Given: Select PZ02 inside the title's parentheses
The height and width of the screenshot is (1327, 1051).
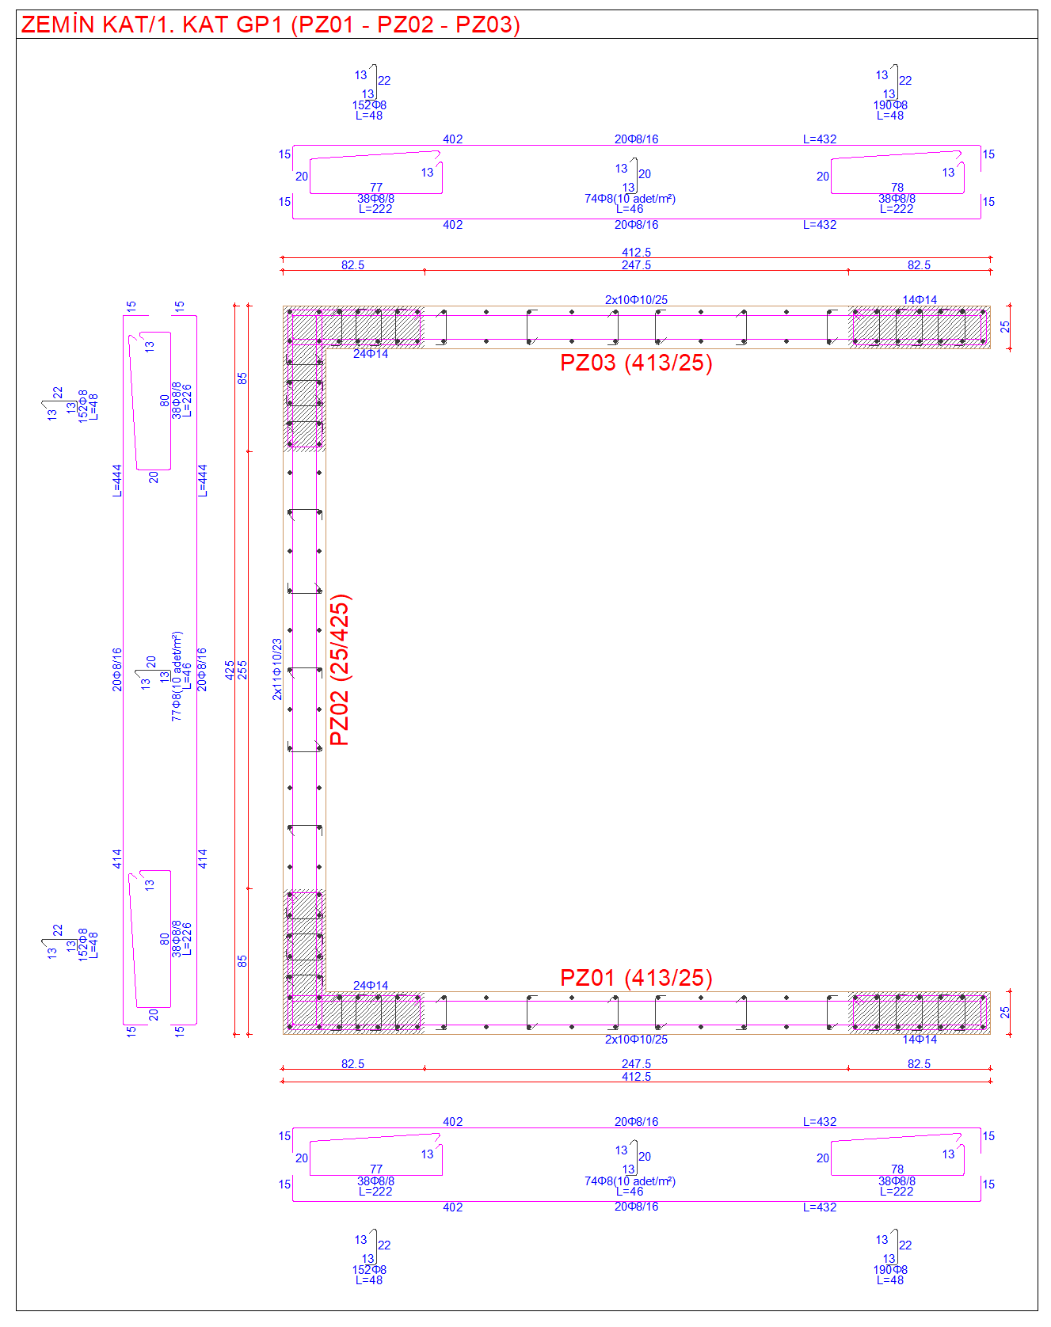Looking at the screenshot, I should [405, 25].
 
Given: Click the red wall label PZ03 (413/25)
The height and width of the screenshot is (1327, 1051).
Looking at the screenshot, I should [636, 363].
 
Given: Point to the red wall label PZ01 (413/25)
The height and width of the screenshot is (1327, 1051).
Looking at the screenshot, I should [636, 978].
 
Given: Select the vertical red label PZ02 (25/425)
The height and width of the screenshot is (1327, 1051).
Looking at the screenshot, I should [340, 670].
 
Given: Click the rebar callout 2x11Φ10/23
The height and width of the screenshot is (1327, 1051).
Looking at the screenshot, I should [277, 669].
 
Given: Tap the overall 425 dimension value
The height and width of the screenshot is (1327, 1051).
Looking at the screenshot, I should [230, 670].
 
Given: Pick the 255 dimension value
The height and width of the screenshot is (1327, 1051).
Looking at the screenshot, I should [242, 670].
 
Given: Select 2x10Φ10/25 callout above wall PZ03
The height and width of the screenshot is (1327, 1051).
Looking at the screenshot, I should [636, 300].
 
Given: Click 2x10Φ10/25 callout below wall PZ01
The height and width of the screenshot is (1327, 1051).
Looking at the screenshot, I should [636, 1040].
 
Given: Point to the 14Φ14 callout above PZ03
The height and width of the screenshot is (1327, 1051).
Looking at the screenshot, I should [920, 300].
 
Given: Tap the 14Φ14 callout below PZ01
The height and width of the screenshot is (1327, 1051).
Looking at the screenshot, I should [920, 1040].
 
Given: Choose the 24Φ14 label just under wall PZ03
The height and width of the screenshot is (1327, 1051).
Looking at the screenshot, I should [371, 354].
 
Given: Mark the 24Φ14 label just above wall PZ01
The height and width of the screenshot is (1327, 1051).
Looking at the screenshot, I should [371, 986].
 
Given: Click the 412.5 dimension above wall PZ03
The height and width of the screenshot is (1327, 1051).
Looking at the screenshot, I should [636, 253].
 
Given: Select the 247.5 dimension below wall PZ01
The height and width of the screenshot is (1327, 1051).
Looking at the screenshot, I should [636, 1064].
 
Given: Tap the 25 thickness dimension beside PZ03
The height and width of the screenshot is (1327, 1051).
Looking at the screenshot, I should [1005, 326].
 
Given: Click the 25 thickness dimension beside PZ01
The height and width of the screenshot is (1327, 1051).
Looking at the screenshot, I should [1005, 1012].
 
